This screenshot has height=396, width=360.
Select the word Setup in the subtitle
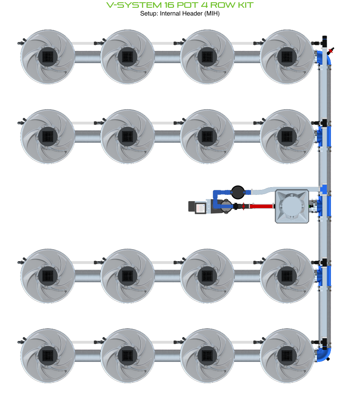point(148,14)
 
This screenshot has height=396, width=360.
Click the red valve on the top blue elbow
point(331,51)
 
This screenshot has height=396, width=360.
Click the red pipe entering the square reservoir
point(262,206)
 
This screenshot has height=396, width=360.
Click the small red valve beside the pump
point(243,206)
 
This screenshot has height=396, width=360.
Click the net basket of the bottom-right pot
point(287,355)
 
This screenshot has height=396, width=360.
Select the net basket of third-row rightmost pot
point(287,275)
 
